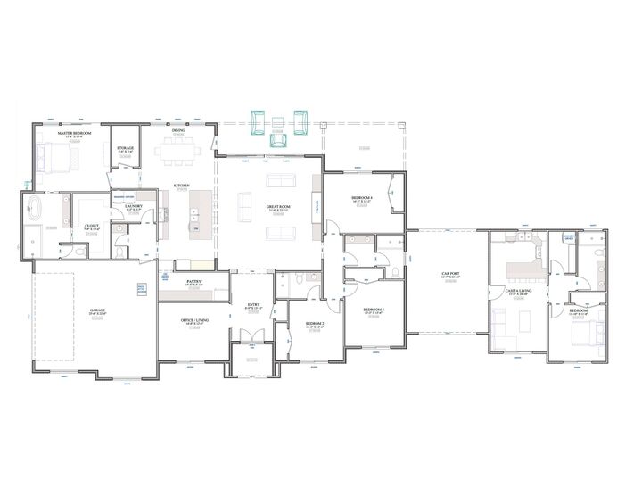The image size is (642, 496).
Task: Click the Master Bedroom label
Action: pos(76,132)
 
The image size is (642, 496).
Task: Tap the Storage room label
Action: pos(126,149)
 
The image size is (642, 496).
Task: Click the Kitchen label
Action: pos(182,186)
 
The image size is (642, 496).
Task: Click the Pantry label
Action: pos(193,282)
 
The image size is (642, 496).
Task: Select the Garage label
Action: pos(97,310)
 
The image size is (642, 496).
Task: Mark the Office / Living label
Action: pos(193,321)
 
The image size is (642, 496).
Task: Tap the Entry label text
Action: pos(253,305)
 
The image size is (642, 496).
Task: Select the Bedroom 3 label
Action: pos(372,310)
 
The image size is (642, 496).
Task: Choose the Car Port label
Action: pos(449,274)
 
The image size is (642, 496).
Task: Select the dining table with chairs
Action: pos(179,153)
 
